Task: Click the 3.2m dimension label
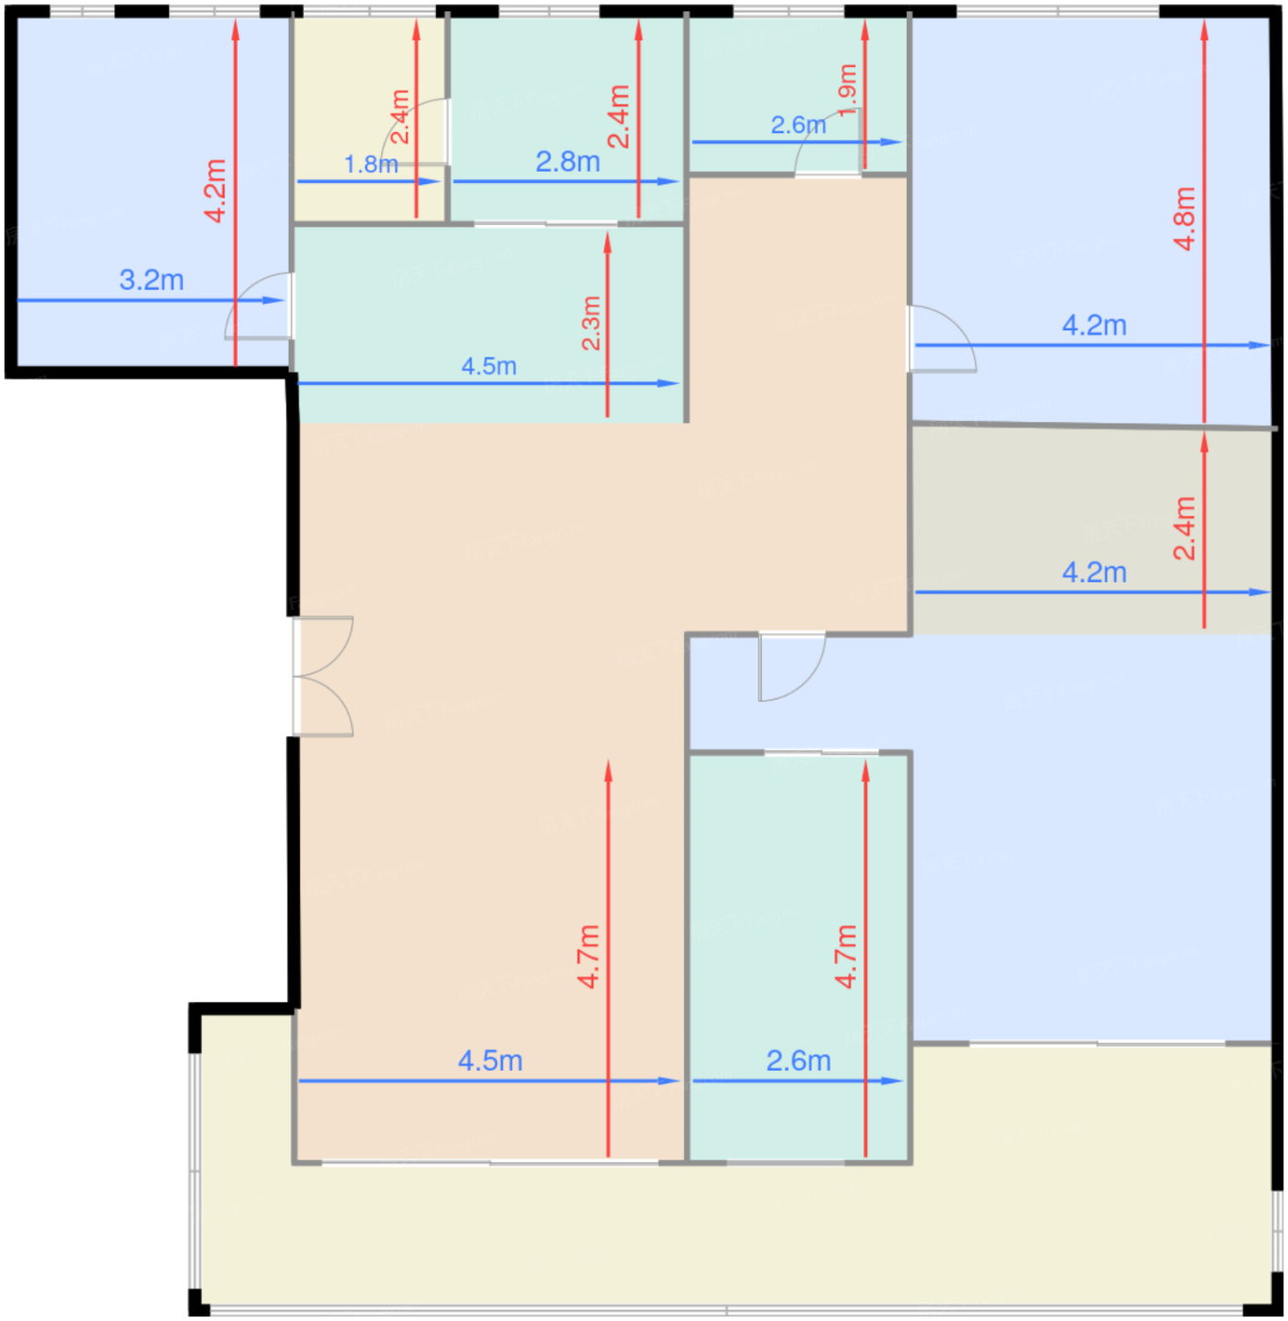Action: point(151,279)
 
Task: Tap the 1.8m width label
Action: point(371,164)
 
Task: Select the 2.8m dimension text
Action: point(568,161)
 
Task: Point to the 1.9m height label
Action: point(847,90)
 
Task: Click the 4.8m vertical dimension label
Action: point(1185,219)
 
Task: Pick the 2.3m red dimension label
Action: point(591,323)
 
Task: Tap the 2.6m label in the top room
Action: point(798,125)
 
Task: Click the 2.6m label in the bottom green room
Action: point(798,1061)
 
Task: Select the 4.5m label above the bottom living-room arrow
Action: point(491,1061)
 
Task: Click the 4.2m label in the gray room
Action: point(1095,572)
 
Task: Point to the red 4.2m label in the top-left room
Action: point(215,191)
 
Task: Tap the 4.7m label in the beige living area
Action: point(589,957)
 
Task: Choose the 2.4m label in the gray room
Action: point(1185,528)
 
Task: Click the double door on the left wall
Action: point(324,677)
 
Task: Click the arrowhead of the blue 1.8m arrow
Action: point(429,181)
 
